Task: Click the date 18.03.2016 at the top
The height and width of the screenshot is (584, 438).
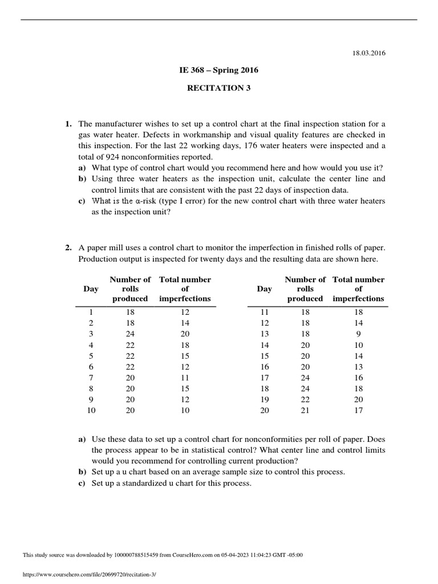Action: tap(370, 53)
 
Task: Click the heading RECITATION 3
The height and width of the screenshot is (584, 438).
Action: tap(218, 88)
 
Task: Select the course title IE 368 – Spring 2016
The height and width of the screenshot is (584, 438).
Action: tap(218, 70)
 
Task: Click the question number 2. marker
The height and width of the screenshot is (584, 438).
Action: tap(68, 248)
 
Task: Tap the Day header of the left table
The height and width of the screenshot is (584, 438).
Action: tap(91, 289)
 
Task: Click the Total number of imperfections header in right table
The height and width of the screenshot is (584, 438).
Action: tap(358, 289)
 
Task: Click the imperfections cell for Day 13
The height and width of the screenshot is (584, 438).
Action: tap(358, 334)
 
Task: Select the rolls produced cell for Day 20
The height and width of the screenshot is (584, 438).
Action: tap(305, 410)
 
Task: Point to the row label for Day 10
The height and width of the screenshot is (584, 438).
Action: tap(91, 410)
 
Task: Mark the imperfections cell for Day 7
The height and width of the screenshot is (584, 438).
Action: tap(185, 378)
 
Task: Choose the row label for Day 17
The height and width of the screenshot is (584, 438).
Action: tap(264, 378)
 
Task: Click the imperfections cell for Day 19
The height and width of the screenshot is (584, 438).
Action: tap(358, 399)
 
